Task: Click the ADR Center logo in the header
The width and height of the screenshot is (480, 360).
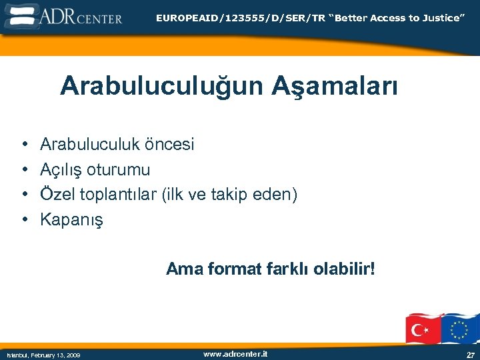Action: pos(63,15)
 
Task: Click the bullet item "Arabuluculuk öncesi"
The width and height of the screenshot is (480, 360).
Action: pos(117,144)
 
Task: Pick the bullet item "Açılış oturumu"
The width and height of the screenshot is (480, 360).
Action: pos(95,169)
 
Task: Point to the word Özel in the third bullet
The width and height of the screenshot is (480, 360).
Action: pos(58,194)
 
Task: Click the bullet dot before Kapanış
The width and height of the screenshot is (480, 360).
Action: pos(23,219)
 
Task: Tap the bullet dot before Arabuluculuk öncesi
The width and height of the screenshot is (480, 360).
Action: pos(23,144)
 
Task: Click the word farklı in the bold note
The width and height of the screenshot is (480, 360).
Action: pos(289,269)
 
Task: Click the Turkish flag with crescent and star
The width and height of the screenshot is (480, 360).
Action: pos(424,328)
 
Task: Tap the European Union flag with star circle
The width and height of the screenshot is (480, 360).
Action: pos(459,328)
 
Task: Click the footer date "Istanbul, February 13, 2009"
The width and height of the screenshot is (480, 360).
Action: pos(43,355)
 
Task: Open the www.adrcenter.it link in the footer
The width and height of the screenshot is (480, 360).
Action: pos(235,354)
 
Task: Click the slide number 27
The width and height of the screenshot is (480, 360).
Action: pos(470,355)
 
